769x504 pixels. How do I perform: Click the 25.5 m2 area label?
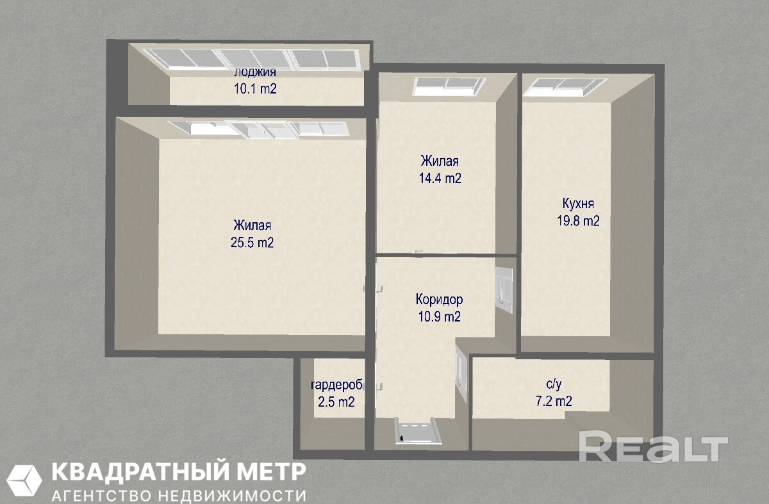(x=252, y=243)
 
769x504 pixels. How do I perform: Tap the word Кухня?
(x=578, y=204)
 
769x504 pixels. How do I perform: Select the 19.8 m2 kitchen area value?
(x=578, y=220)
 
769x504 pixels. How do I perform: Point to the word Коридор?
(x=439, y=300)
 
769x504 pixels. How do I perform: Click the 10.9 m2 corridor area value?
(x=439, y=316)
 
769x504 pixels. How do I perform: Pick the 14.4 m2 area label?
(x=440, y=178)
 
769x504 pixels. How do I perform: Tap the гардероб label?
(x=336, y=386)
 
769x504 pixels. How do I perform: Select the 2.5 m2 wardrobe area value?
(x=336, y=402)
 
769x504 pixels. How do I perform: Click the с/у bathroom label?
(x=554, y=384)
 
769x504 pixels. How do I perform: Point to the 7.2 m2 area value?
(x=554, y=401)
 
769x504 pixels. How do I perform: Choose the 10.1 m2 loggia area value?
(x=255, y=89)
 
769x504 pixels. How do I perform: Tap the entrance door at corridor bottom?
(x=418, y=431)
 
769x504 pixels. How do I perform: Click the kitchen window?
(x=565, y=87)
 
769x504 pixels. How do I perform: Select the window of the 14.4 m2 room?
(x=449, y=86)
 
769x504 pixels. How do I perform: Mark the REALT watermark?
(x=653, y=450)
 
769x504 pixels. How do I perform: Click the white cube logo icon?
(x=24, y=480)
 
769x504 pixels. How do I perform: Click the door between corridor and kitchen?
(x=503, y=290)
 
